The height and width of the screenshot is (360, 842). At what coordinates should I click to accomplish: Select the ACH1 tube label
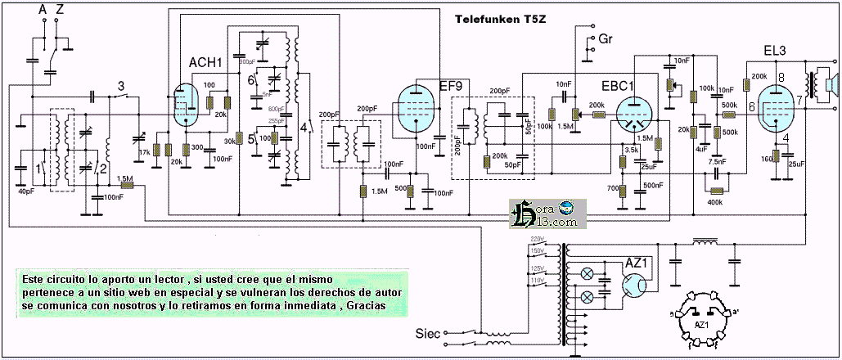(205, 63)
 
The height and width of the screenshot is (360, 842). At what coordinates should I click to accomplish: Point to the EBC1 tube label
(618, 86)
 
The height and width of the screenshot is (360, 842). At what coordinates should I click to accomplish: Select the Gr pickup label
(606, 38)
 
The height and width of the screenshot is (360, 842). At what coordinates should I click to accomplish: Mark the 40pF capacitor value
(27, 191)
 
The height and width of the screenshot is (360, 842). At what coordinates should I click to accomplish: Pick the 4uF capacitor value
(702, 149)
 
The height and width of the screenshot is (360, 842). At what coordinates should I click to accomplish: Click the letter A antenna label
(43, 10)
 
